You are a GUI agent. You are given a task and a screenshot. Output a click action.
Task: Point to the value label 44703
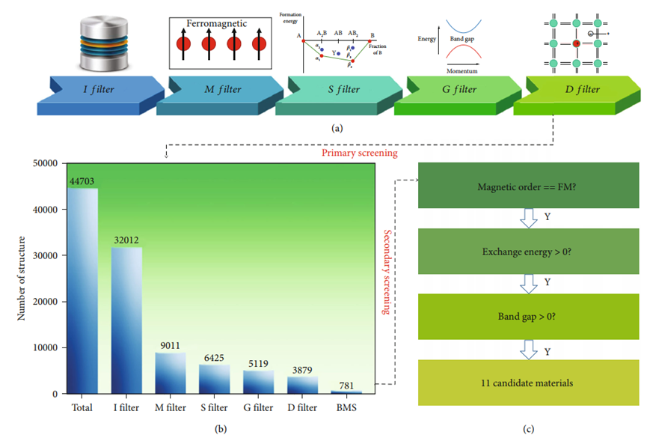(x=82, y=180)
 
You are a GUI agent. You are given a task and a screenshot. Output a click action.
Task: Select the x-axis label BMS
(x=346, y=407)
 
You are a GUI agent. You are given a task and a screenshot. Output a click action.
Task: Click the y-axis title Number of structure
(x=22, y=277)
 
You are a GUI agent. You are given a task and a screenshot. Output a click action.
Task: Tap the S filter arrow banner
(x=334, y=91)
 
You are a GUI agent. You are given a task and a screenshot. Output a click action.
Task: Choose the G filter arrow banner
(x=453, y=91)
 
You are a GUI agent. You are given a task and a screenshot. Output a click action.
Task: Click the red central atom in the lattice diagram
(x=576, y=44)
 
